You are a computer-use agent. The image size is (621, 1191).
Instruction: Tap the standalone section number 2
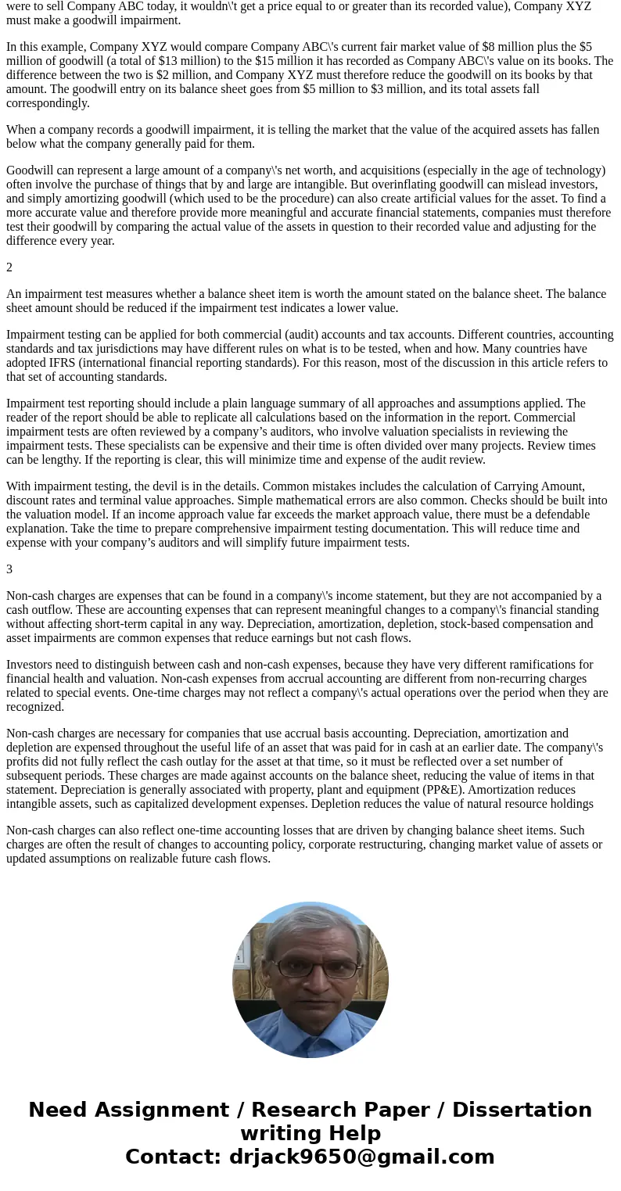coord(9,267)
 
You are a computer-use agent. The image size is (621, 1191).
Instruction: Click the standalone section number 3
coord(9,569)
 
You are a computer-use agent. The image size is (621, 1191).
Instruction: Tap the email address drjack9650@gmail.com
coord(361,1157)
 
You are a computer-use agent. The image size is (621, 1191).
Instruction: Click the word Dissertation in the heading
coord(522,1110)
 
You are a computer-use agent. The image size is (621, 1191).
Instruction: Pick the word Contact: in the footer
coord(174,1157)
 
